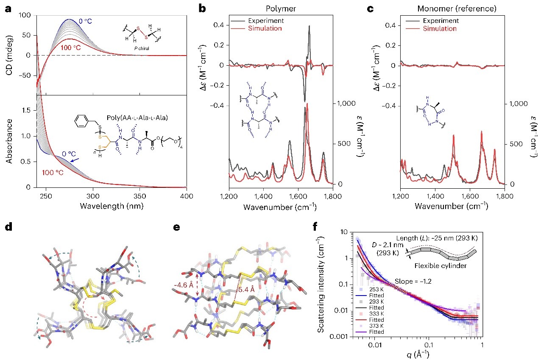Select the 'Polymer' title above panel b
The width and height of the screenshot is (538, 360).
coord(281,8)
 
